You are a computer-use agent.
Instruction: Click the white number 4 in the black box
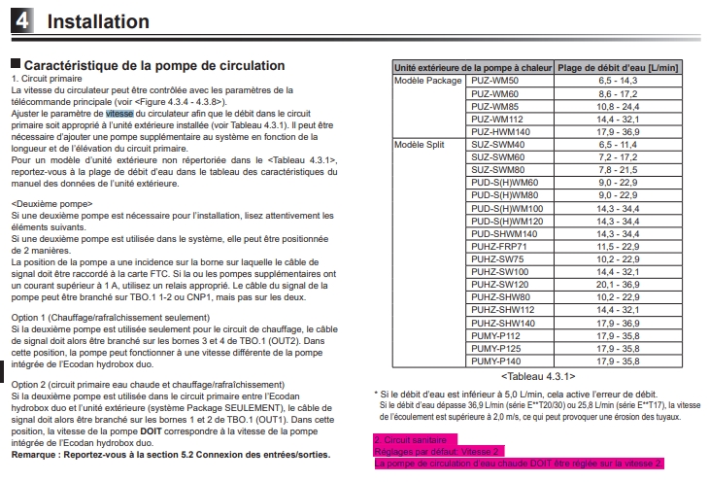[x=21, y=20]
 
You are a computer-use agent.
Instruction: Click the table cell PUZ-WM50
[x=494, y=80]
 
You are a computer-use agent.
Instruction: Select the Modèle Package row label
[x=428, y=80]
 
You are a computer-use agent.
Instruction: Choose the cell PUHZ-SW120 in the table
[x=500, y=284]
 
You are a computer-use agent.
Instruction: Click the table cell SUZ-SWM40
[x=496, y=144]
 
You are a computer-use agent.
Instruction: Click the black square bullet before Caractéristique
[x=15, y=65]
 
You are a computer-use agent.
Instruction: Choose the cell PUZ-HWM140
[x=500, y=131]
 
